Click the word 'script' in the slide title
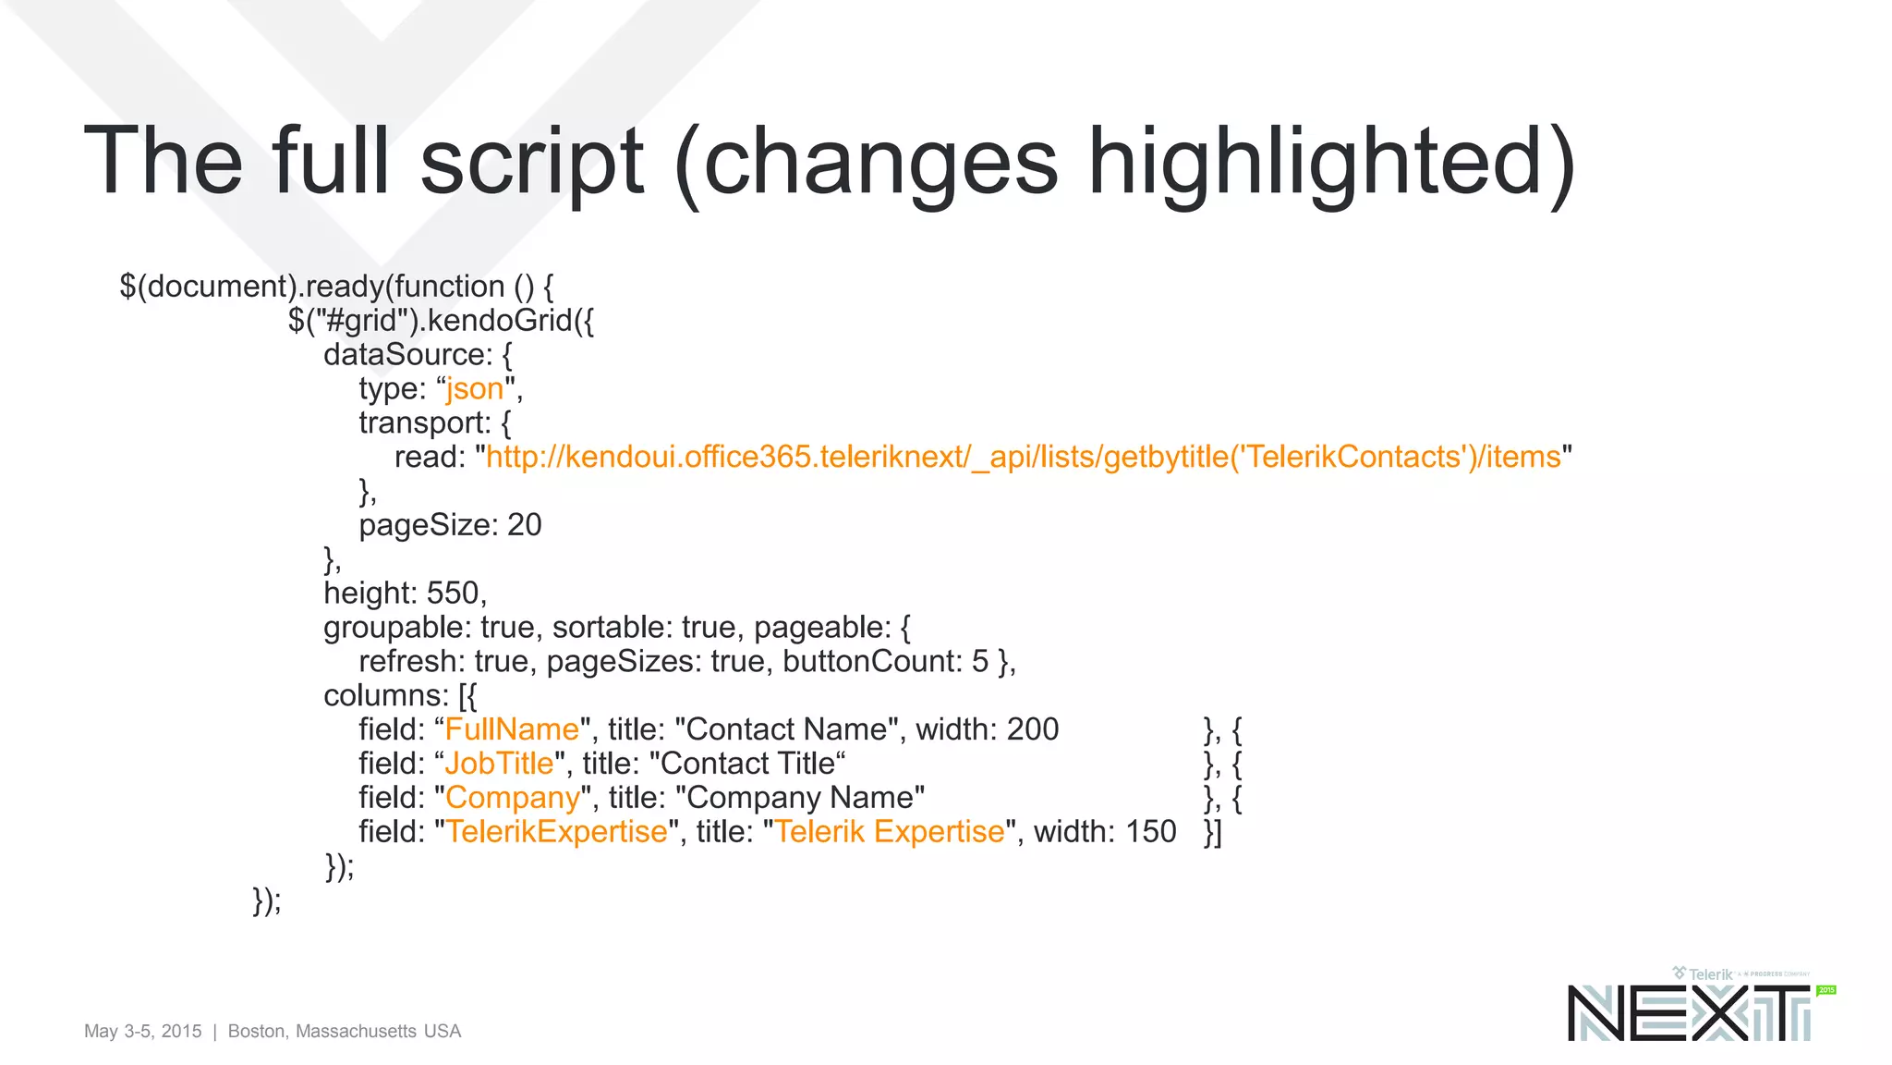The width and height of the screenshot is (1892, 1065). tap(531, 163)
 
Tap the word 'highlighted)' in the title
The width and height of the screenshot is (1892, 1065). tap(1331, 163)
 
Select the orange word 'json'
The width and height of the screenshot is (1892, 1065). tap(475, 389)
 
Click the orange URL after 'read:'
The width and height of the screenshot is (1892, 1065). tap(1023, 458)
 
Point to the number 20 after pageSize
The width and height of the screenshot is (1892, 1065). tap(524, 525)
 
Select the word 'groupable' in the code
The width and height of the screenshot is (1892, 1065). tap(397, 628)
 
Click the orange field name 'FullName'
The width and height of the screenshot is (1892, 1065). tap(512, 730)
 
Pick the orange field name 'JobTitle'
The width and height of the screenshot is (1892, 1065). tap(499, 765)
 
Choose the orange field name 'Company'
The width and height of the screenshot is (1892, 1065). tap(513, 798)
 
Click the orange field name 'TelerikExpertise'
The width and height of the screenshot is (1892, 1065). tap(556, 832)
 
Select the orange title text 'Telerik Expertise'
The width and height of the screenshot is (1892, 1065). tap(889, 832)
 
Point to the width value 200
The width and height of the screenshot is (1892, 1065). tap(1032, 730)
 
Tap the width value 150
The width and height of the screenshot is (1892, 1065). tap(1150, 832)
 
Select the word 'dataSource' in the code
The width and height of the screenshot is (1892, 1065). tap(404, 355)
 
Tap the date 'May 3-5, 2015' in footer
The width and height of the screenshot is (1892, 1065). tap(142, 1032)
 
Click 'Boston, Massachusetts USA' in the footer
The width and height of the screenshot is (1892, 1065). tap(344, 1032)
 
